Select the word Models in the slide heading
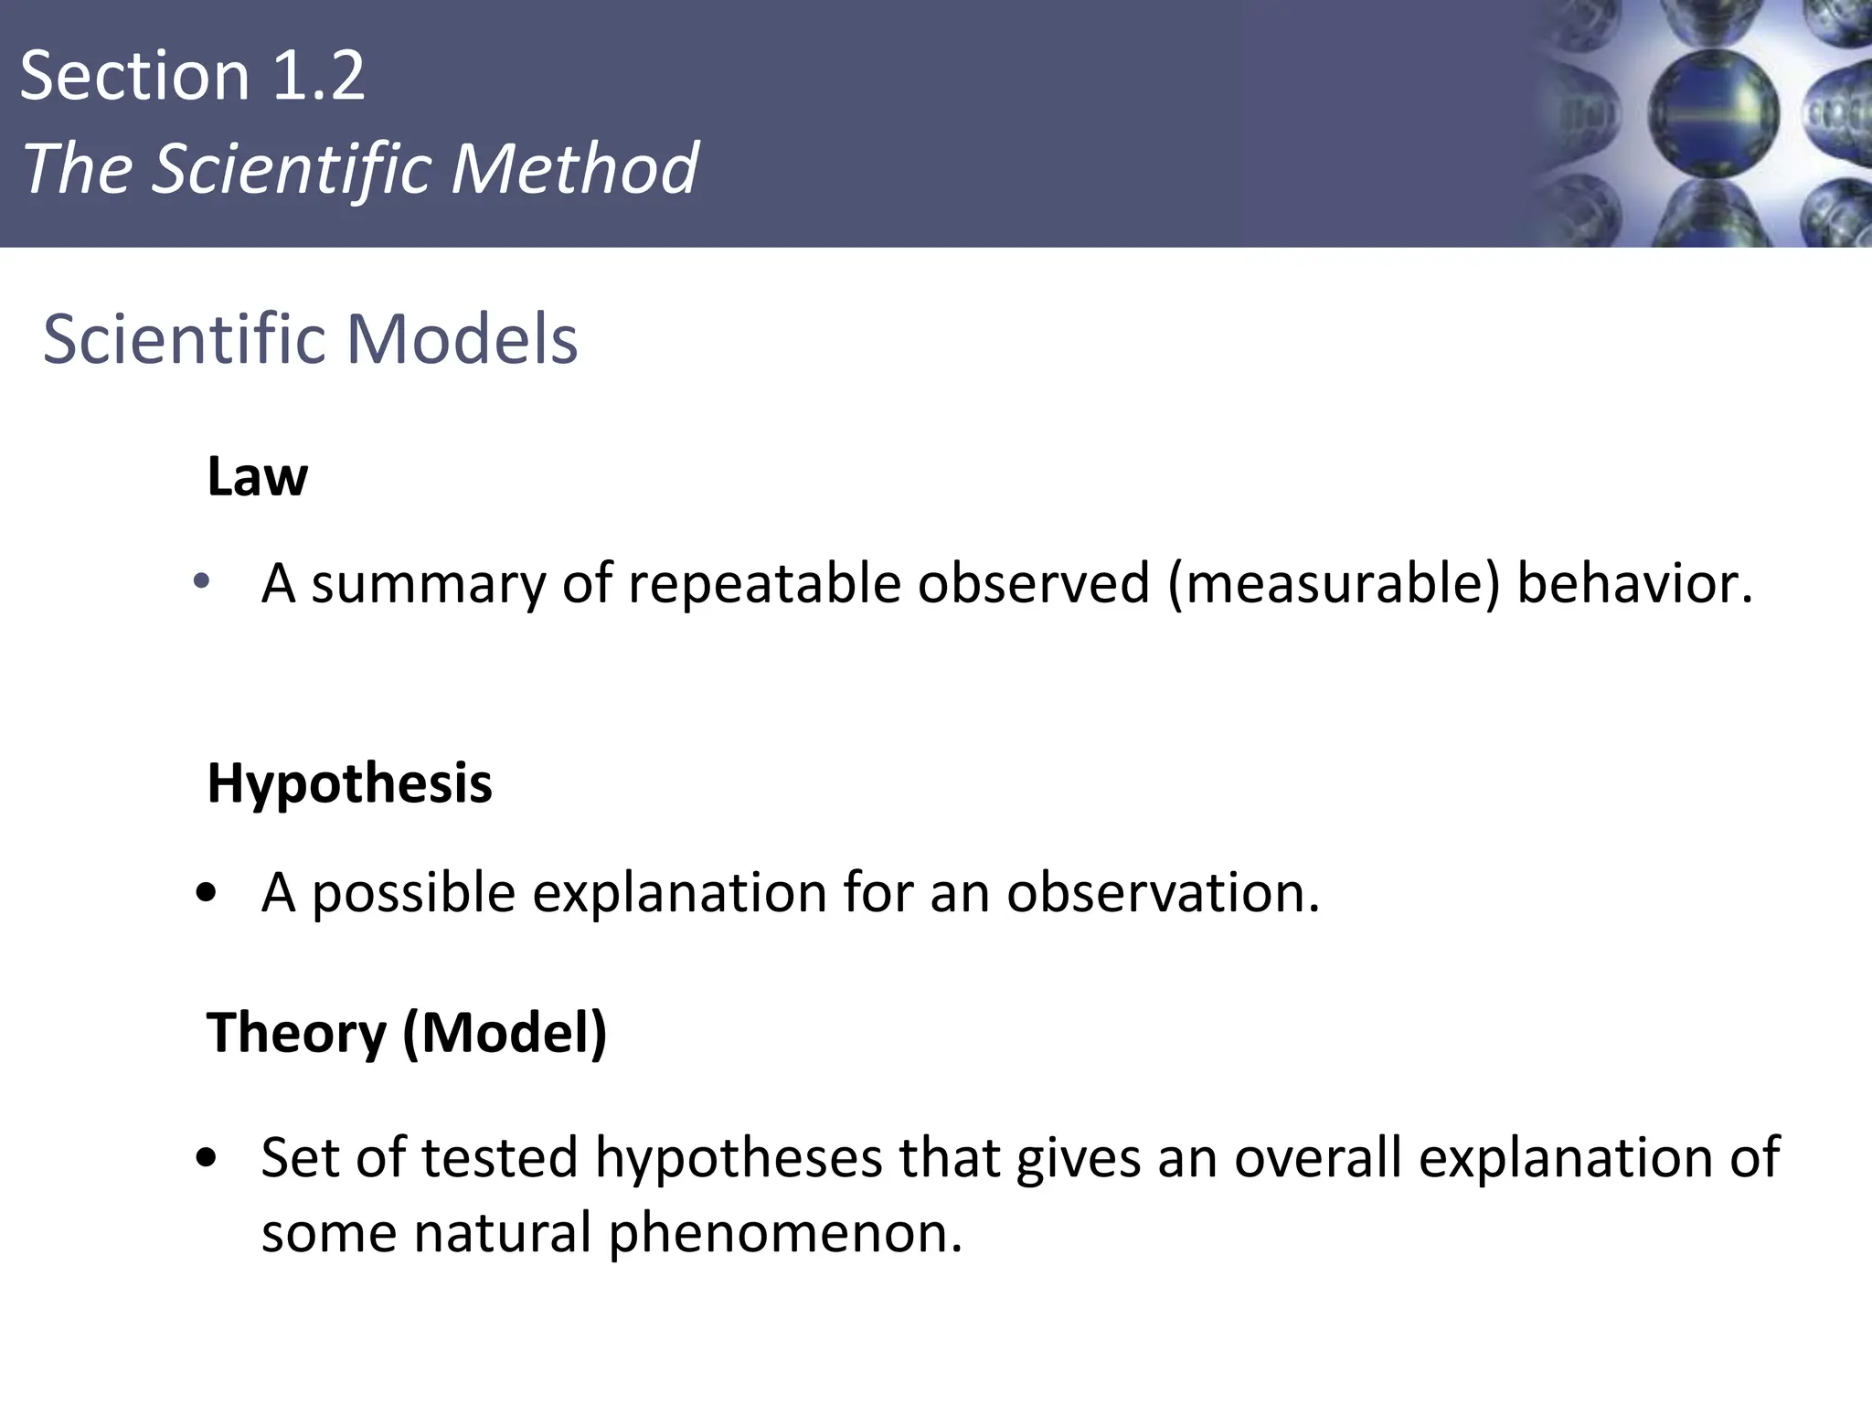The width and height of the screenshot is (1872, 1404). tap(462, 339)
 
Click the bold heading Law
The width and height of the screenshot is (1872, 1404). tap(257, 476)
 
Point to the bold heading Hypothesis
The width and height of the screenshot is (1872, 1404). tap(349, 784)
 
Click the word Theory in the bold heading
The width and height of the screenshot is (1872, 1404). tap(296, 1033)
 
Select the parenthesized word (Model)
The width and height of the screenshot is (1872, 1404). tap(505, 1033)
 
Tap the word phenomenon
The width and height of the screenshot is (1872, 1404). tap(785, 1233)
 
